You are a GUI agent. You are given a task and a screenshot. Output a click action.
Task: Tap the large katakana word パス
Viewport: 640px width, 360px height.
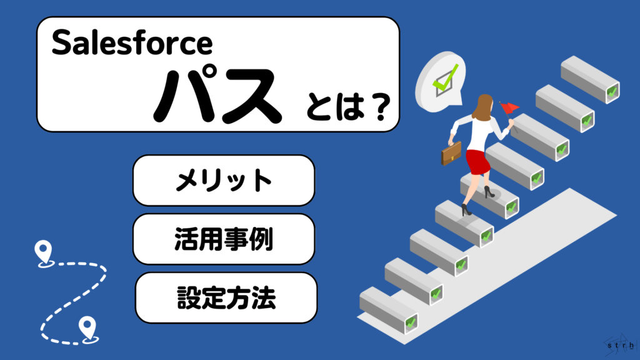pos(216,97)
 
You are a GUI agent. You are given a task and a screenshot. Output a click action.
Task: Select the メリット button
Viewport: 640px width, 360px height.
pos(223,181)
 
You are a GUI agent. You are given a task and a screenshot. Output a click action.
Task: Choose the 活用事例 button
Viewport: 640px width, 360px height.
pos(223,239)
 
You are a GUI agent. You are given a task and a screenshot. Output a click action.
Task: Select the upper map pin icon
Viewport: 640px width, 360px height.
pos(42,252)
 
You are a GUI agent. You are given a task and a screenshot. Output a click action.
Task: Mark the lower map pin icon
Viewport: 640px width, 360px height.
pos(87,326)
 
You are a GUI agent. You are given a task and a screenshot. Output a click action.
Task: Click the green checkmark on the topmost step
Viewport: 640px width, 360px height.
pos(612,92)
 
